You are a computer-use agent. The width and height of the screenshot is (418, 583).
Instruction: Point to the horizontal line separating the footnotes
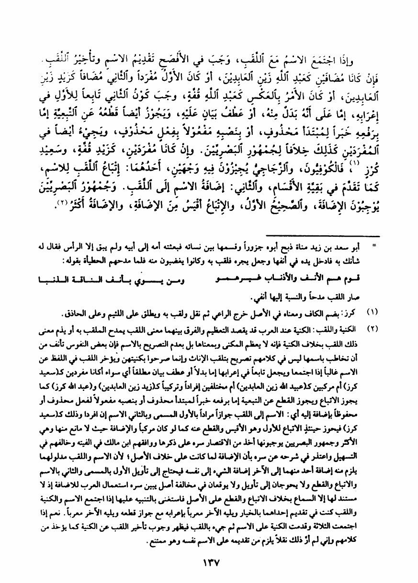tap(322, 236)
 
